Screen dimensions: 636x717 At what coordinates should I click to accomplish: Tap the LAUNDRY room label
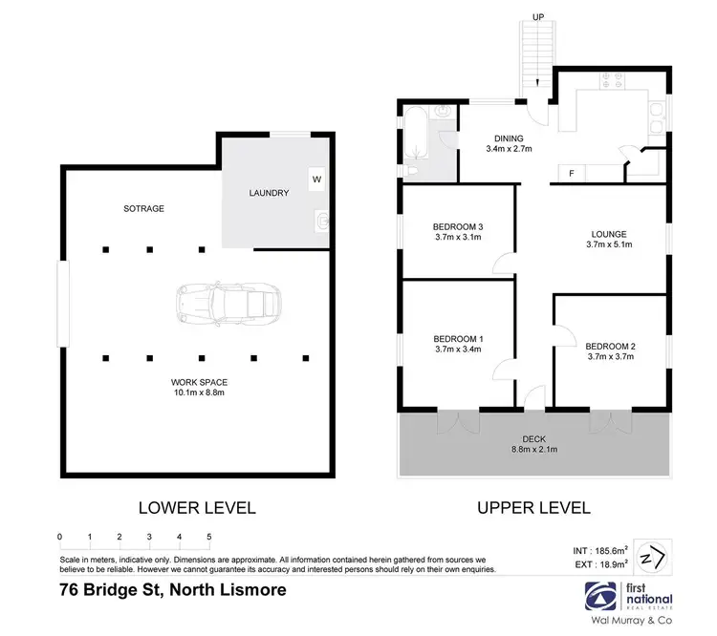tap(269, 193)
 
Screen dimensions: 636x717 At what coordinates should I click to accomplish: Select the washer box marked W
tap(316, 178)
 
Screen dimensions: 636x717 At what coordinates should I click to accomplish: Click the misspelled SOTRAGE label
tap(143, 208)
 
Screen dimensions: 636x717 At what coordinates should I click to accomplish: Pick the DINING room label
tap(509, 138)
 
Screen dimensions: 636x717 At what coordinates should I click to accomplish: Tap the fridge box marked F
tap(572, 174)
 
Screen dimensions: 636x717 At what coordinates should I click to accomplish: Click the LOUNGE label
tap(608, 234)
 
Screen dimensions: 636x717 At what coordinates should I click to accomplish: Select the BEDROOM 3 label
tap(458, 226)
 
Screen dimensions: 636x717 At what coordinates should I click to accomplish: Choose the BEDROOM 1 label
tap(458, 338)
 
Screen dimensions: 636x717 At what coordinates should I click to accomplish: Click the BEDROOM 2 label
tap(610, 346)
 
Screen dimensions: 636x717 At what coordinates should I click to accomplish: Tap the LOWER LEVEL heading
tap(198, 508)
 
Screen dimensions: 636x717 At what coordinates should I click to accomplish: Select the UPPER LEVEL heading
tap(532, 508)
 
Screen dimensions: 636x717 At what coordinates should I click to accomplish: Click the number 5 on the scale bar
tap(208, 537)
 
